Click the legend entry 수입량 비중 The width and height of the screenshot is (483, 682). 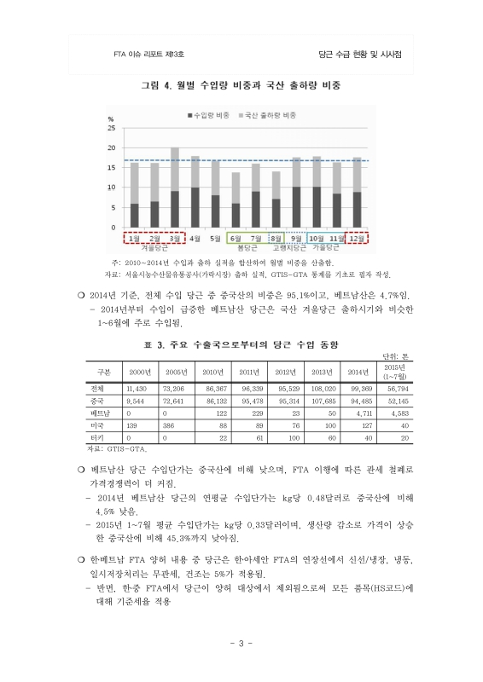(213, 113)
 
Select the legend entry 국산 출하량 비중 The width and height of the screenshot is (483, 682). (271, 113)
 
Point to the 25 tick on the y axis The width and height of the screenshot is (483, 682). (112, 128)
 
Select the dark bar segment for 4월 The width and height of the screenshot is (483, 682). (195, 207)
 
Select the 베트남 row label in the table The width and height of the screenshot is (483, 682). (100, 412)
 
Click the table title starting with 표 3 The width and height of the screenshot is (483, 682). (241, 344)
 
